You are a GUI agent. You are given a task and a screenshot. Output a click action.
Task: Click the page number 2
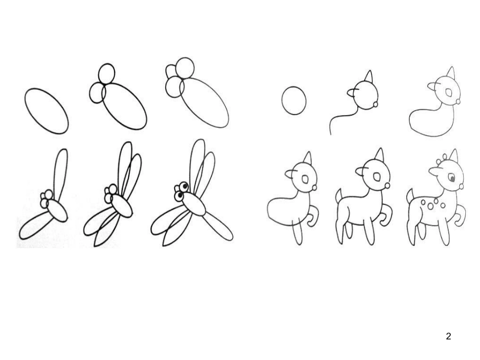[x=449, y=336]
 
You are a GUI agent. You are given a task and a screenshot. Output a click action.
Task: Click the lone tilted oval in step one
[x=45, y=111]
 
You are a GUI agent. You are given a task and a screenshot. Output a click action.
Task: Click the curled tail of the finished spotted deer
[x=460, y=215]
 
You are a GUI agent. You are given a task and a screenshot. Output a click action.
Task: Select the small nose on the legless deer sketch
[x=459, y=101]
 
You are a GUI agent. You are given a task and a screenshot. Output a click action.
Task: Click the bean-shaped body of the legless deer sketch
[x=427, y=121]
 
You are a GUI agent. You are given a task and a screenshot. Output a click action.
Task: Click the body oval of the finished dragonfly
[x=195, y=204]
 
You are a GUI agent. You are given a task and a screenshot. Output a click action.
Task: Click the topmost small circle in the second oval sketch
[x=107, y=73]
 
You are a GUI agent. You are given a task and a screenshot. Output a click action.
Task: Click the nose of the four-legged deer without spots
[x=388, y=185]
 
